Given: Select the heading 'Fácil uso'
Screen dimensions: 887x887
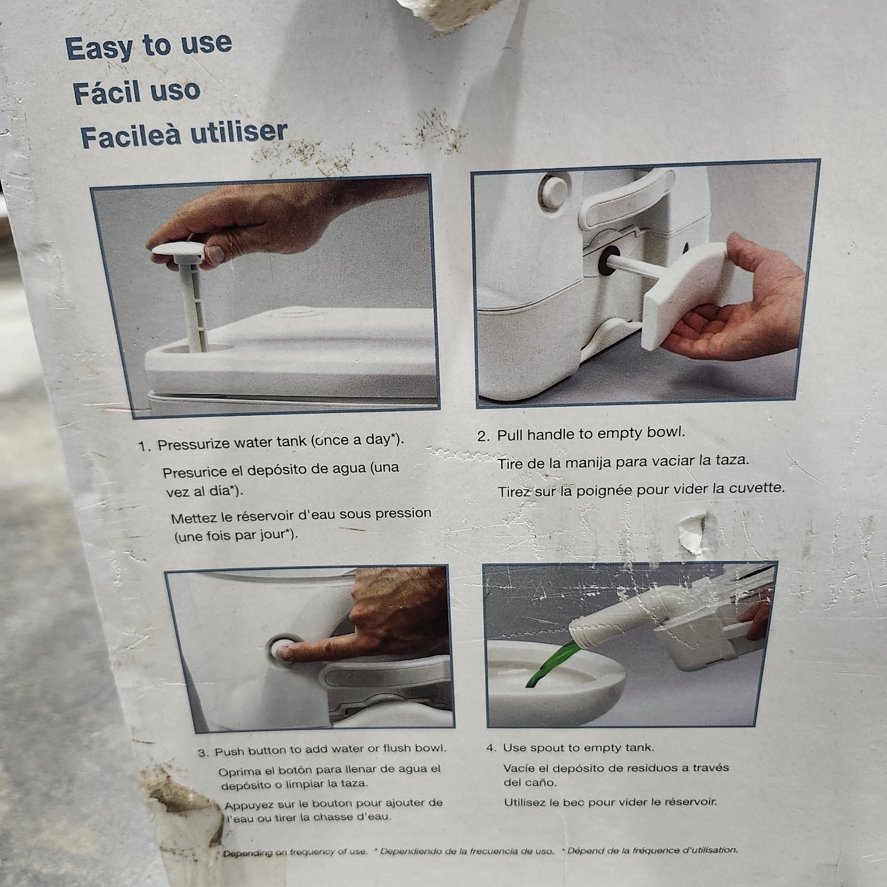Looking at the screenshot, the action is pos(136,91).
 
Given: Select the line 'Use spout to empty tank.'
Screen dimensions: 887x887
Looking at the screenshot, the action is pos(578,748).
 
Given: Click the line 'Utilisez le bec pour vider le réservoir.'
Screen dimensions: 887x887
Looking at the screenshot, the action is pos(610,802).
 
